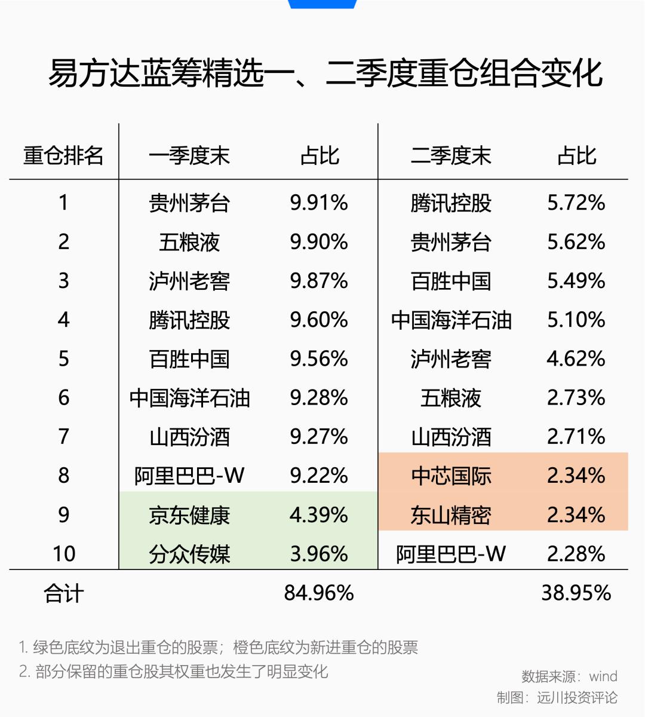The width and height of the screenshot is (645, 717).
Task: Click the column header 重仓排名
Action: [63, 156]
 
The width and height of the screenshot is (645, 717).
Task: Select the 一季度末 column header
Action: [189, 156]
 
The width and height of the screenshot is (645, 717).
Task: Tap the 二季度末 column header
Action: [451, 156]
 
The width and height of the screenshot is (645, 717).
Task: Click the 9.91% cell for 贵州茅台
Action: [319, 203]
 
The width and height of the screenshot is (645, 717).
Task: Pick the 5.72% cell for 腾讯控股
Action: [576, 203]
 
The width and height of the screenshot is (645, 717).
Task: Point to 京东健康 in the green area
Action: [189, 516]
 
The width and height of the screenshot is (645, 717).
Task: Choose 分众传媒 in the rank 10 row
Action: [189, 554]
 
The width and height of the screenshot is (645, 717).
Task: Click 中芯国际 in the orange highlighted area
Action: [451, 476]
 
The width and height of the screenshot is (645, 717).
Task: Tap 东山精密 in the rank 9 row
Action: [451, 516]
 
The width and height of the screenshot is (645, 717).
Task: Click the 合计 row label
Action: [64, 594]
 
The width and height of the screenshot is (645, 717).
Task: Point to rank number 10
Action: [64, 554]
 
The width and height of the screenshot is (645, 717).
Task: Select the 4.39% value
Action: [319, 515]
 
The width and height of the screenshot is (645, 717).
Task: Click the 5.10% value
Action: [576, 320]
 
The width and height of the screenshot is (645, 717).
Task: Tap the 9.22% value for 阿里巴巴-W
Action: [319, 476]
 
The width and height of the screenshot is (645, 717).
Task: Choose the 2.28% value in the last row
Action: [576, 554]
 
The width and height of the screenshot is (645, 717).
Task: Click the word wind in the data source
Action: [604, 676]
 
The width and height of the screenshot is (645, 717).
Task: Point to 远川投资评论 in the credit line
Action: [577, 697]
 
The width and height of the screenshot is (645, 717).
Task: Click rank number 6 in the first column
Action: [64, 397]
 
